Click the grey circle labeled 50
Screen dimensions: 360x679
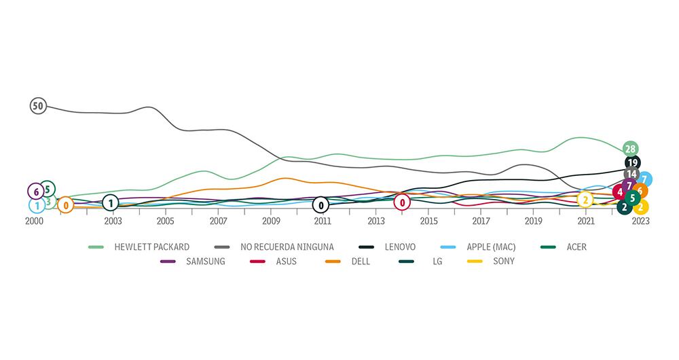coord(38,106)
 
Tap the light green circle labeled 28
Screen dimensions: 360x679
coord(630,149)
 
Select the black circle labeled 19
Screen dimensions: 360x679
coord(633,163)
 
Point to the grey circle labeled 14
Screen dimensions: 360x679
coord(631,175)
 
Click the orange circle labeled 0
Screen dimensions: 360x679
coord(65,204)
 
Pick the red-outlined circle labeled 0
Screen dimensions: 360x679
coord(403,202)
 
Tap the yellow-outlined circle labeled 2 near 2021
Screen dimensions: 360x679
coord(585,200)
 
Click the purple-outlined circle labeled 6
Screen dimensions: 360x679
coord(36,192)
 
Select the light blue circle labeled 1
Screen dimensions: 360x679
coord(37,205)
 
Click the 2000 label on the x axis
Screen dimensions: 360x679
coord(34,221)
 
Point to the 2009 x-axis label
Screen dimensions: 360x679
coord(271,221)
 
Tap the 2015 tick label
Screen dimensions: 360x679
coord(428,221)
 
